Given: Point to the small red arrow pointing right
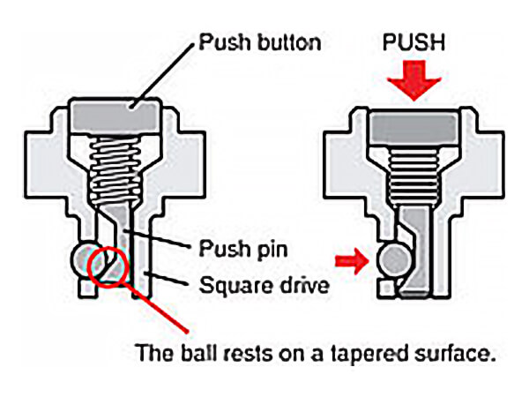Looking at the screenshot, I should pos(351,260).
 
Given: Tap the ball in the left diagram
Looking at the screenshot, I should pos(86,260).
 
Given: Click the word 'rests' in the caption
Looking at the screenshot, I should pos(237,355).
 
